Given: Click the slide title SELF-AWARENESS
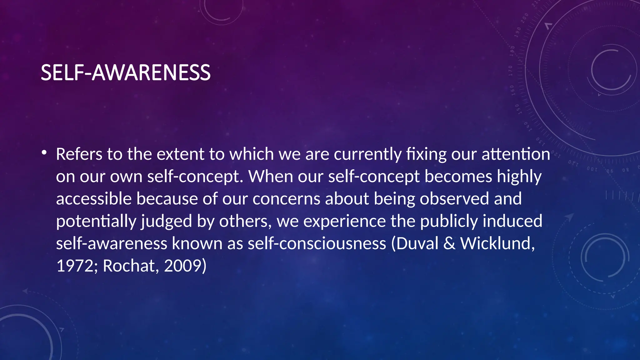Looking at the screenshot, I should pyautogui.click(x=126, y=72).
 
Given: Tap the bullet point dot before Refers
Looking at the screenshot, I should pyautogui.click(x=44, y=152).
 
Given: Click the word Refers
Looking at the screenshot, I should pyautogui.click(x=79, y=154).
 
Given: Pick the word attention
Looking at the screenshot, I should pyautogui.click(x=516, y=154).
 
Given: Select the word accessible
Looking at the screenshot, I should pyautogui.click(x=94, y=199).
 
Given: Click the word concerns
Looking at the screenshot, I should pyautogui.click(x=286, y=199).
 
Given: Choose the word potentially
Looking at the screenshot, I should pyautogui.click(x=96, y=222).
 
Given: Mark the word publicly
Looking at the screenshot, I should pyautogui.click(x=449, y=222).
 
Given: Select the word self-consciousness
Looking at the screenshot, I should pyautogui.click(x=317, y=243).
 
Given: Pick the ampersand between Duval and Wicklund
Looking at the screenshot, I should pyautogui.click(x=449, y=243).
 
